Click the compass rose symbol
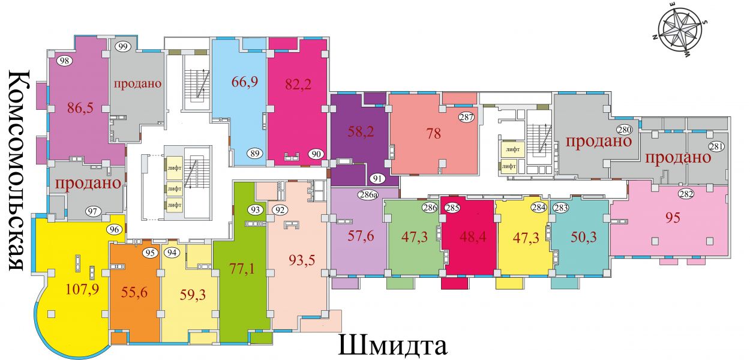coord(679,35)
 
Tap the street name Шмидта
coord(393,345)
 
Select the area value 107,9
coord(82,289)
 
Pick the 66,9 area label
coord(245,82)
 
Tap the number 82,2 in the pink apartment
coord(298,84)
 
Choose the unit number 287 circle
coord(466,117)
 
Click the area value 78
coord(434,134)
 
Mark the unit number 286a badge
coord(368,194)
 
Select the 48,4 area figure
coord(472,237)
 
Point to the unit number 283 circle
coord(561,208)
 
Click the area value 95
coord(673,218)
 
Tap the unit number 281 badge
coord(716,146)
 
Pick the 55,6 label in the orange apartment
coord(134,292)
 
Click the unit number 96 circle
coord(114,229)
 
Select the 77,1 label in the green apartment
coord(242,269)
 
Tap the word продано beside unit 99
coord(137,83)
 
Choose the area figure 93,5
coord(302,260)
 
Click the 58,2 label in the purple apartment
coord(361,131)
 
